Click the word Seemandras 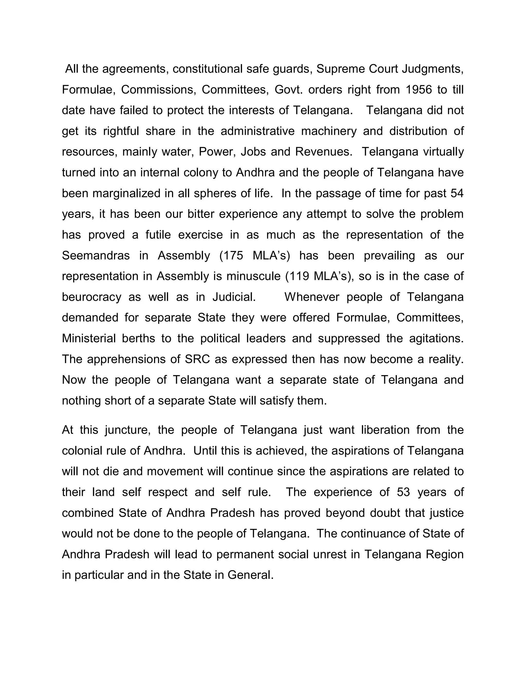tap(96, 256)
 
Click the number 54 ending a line tap(457, 193)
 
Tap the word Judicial tap(234, 297)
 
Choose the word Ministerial tap(89, 338)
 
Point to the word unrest tap(330, 554)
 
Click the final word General tap(250, 575)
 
